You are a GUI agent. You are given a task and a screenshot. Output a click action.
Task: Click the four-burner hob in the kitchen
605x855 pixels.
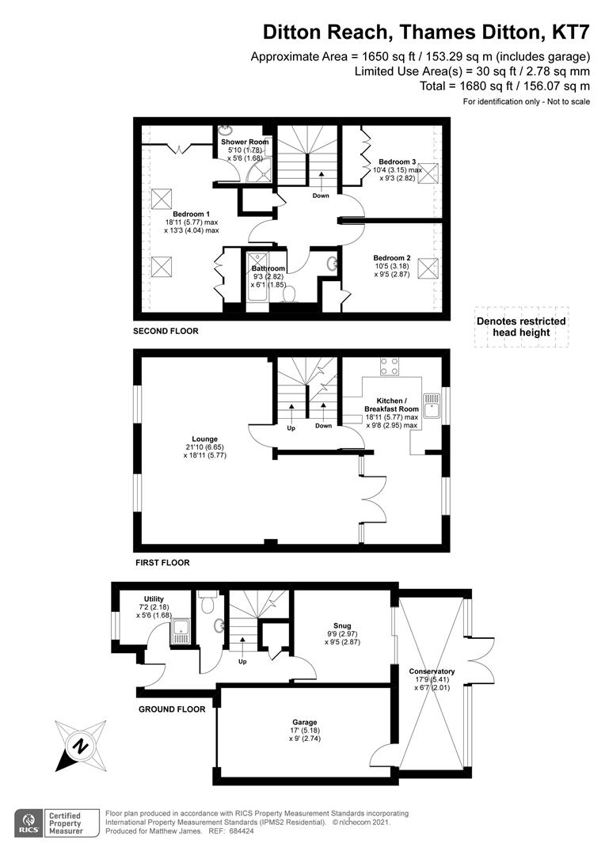389,366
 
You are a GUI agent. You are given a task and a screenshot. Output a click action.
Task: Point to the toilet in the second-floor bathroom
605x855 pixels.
289,294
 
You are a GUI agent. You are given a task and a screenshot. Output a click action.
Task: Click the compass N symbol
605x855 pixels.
81,746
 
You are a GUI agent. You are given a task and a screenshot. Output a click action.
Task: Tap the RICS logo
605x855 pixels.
29,823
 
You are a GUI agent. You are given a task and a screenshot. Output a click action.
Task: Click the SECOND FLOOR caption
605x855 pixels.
166,331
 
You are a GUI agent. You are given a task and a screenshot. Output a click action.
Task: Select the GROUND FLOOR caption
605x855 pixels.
172,709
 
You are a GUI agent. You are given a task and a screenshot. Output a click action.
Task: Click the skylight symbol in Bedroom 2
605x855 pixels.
428,268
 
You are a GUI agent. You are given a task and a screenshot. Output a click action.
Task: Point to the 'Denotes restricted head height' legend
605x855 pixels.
521,327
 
